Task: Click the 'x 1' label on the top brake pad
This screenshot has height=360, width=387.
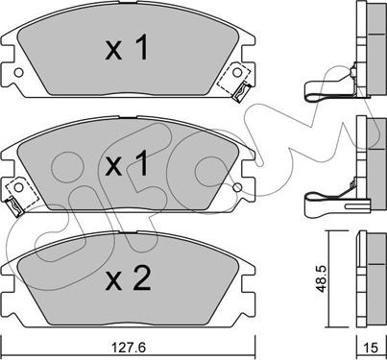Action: (127, 48)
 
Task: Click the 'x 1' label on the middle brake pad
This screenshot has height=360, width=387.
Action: (127, 163)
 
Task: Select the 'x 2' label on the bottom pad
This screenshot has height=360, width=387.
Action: (128, 278)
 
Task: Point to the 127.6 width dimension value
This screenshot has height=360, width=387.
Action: (128, 347)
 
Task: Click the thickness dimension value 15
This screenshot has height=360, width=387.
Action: (371, 348)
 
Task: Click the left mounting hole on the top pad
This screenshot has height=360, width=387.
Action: (19, 73)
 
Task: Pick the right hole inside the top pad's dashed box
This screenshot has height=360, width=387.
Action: (237, 72)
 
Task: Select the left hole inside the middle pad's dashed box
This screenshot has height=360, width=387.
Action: (19, 187)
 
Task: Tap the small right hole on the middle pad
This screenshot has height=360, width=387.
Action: (237, 187)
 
